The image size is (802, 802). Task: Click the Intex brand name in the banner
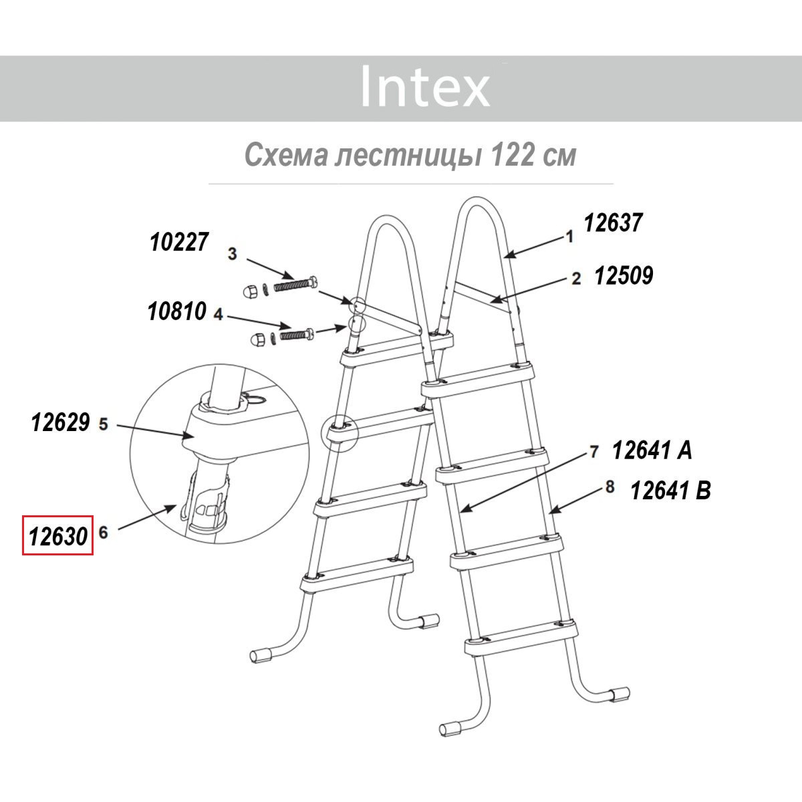[425, 86]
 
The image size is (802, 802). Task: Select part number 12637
[613, 223]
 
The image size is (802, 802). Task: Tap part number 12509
[624, 275]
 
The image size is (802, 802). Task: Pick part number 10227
[179, 242]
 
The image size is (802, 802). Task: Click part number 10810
[177, 311]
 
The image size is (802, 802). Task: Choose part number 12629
[60, 422]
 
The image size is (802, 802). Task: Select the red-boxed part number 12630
[58, 537]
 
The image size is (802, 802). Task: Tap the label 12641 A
[652, 450]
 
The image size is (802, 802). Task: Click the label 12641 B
[671, 491]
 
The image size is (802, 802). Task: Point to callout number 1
[570, 237]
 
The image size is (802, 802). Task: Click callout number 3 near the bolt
[232, 253]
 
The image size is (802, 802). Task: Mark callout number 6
[103, 533]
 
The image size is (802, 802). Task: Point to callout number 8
[610, 487]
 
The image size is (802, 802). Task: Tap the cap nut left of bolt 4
[255, 340]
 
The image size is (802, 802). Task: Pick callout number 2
[576, 279]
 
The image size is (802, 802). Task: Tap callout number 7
[594, 452]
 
